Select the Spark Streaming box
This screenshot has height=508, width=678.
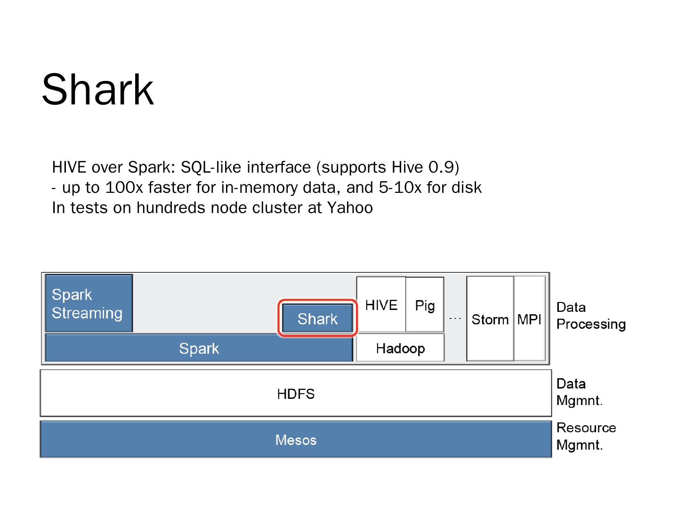[x=89, y=303]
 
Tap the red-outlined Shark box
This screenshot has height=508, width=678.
[x=317, y=319]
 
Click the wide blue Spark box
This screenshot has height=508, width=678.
[x=199, y=349]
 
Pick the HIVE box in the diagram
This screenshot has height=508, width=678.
[x=381, y=305]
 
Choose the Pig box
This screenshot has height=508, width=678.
[x=425, y=305]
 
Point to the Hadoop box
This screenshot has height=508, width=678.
[x=400, y=349]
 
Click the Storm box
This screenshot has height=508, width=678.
[x=490, y=319]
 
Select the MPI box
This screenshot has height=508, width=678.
[x=529, y=319]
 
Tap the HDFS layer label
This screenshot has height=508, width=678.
[x=296, y=394]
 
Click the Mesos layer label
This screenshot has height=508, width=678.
[x=296, y=440]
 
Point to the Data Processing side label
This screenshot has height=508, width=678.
[x=590, y=316]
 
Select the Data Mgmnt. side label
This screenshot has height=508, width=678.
[x=579, y=392]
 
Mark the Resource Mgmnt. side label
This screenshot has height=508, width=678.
[x=586, y=436]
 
